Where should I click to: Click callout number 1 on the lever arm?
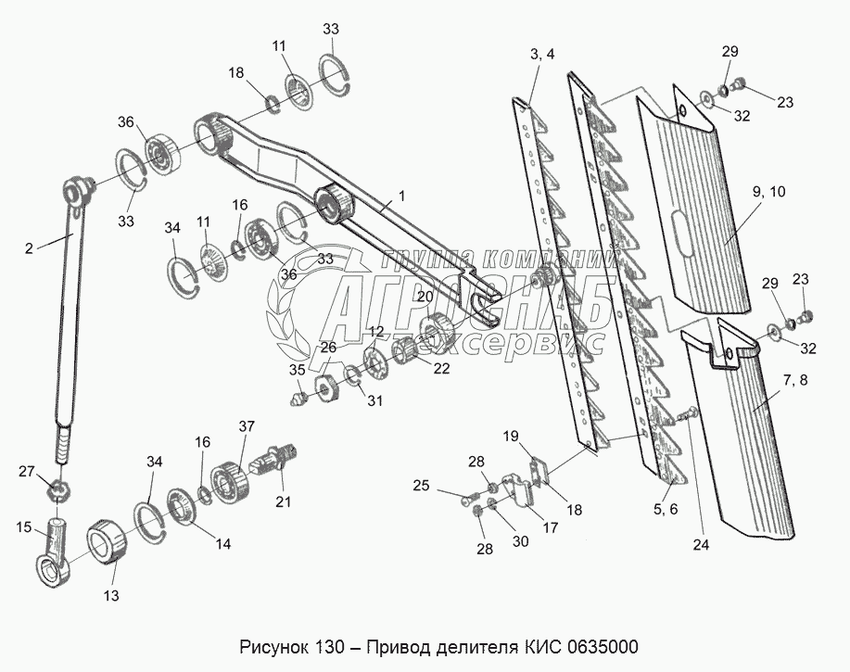point(401,197)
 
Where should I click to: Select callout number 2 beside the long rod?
point(29,247)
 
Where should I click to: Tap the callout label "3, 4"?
point(543,55)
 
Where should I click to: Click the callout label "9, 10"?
point(768,192)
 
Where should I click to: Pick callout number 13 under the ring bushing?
point(109,596)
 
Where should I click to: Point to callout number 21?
point(282,502)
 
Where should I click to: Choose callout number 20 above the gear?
point(425,297)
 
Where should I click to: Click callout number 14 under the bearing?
point(222,545)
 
